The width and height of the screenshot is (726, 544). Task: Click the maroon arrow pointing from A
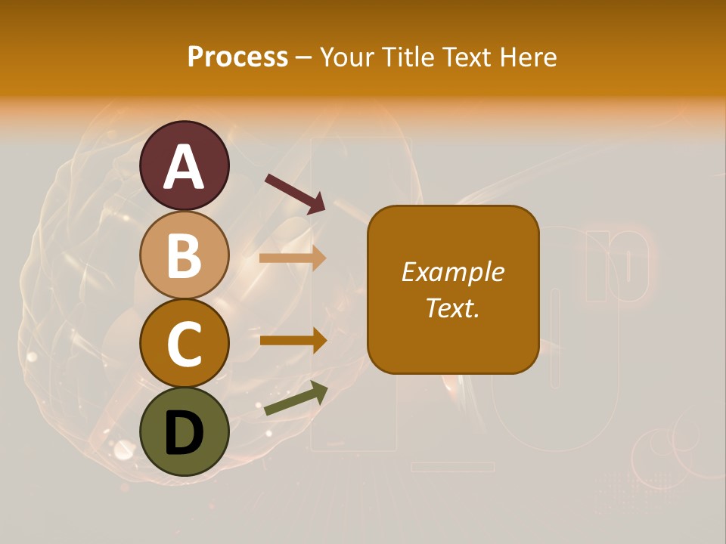point(295,193)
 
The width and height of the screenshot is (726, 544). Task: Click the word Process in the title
point(237,57)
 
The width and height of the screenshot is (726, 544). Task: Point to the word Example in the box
point(453,272)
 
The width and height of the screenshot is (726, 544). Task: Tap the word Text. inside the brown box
point(453,308)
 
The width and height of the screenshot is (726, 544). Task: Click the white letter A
point(184,168)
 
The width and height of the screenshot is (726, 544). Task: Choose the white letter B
point(184,255)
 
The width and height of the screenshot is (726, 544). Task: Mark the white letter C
point(184,344)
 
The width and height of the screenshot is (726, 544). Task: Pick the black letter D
point(184,432)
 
